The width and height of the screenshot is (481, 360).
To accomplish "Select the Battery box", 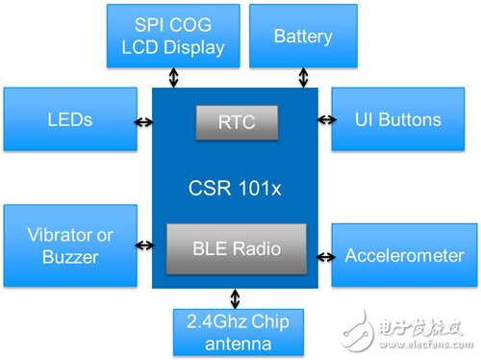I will pyautogui.click(x=303, y=36).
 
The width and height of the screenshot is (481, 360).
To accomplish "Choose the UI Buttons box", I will pyautogui.click(x=399, y=119).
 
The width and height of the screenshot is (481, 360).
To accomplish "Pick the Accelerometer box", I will pyautogui.click(x=399, y=257).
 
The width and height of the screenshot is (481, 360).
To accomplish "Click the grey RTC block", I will pyautogui.click(x=237, y=122).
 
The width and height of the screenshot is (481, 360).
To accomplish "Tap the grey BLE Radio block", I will pyautogui.click(x=237, y=248).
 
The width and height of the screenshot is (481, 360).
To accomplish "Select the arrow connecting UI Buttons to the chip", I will pyautogui.click(x=324, y=120).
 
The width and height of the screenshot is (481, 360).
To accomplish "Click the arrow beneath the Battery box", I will pyautogui.click(x=303, y=77).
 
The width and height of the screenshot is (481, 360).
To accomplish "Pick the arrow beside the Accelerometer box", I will pyautogui.click(x=324, y=257).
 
